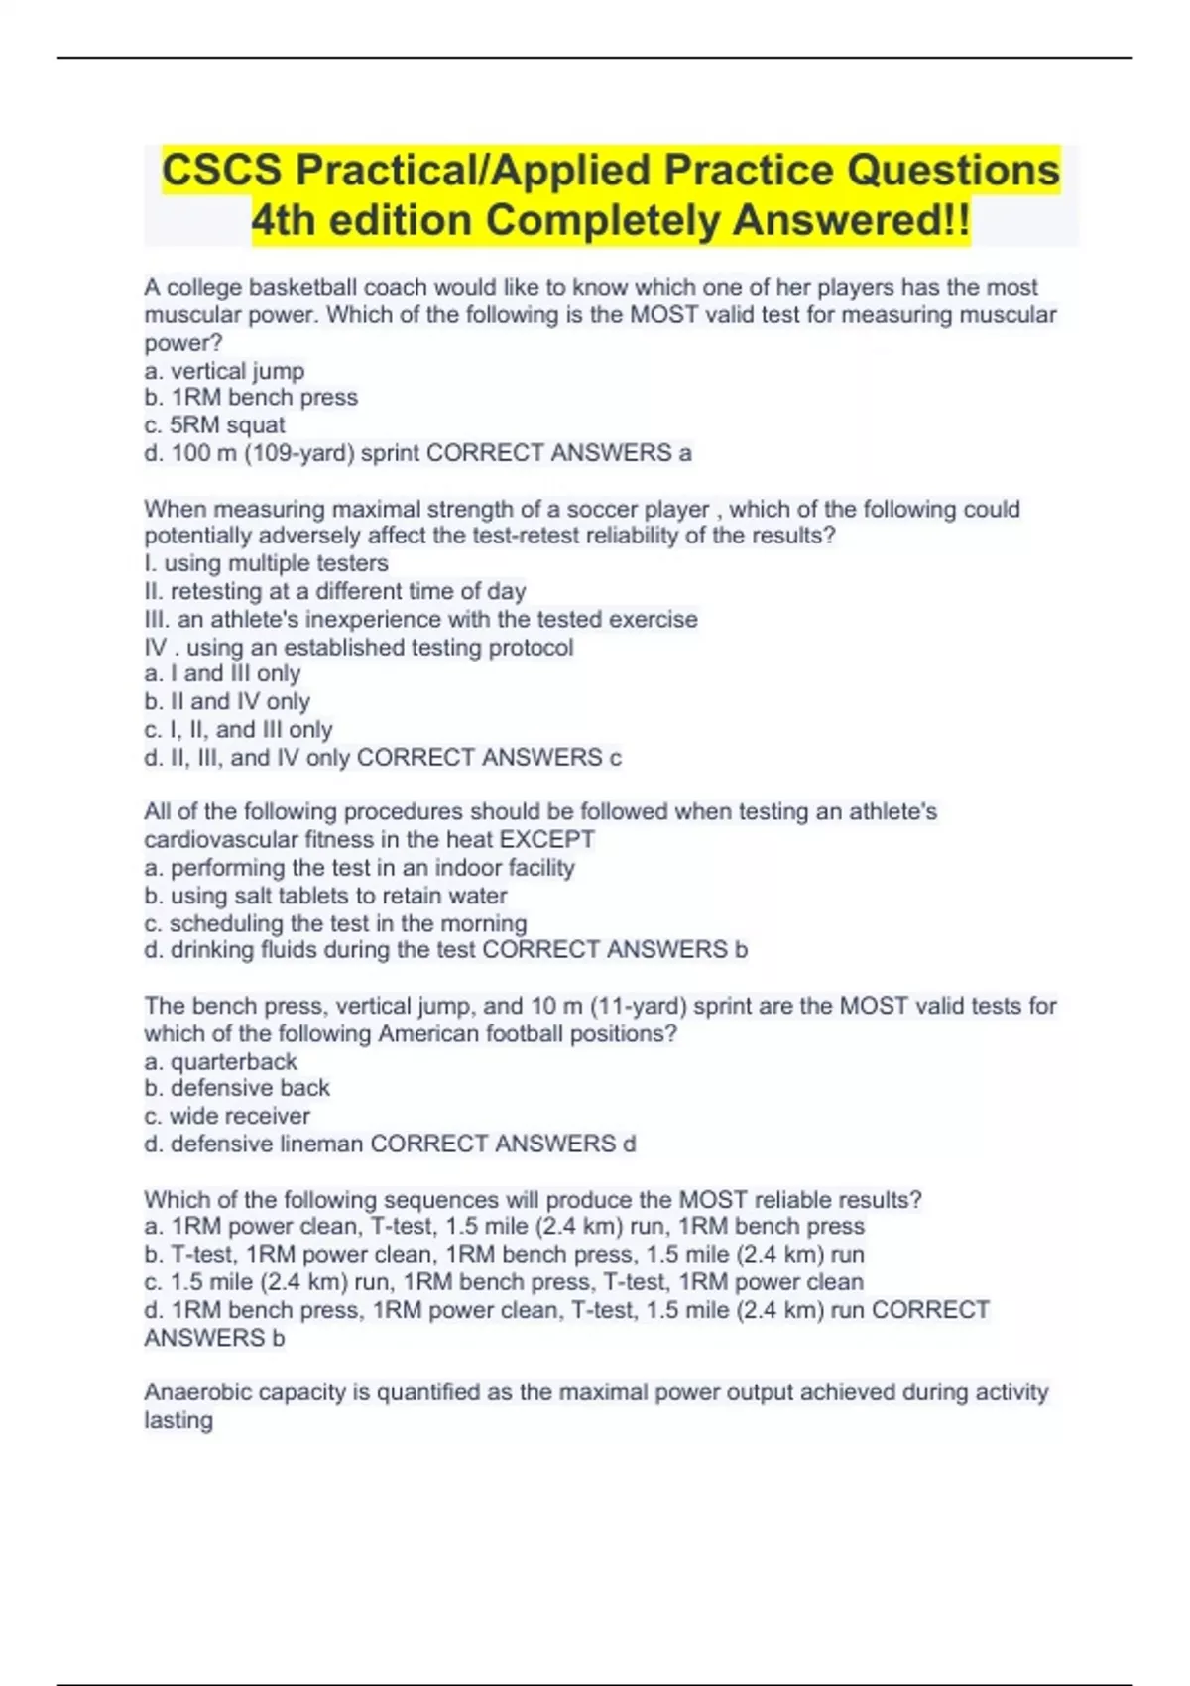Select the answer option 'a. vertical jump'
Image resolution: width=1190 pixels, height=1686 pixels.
224,371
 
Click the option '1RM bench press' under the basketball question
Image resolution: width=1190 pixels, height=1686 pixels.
265,398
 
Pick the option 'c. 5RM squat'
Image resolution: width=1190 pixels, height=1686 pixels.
214,425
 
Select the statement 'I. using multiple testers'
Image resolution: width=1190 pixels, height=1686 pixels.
266,563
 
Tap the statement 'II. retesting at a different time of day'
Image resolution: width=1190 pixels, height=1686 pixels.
335,591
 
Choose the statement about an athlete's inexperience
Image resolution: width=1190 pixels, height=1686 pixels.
420,619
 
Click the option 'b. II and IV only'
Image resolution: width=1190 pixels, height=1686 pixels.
227,702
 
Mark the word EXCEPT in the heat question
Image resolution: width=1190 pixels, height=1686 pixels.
546,839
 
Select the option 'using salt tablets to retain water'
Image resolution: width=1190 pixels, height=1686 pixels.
338,896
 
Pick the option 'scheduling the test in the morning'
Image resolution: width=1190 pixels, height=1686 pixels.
347,923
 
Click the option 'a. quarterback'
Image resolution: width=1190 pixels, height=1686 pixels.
220,1061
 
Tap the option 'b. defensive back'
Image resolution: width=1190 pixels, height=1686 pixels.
237,1088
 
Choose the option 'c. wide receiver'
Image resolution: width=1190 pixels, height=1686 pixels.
227,1116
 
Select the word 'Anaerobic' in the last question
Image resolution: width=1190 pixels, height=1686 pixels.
193,1392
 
